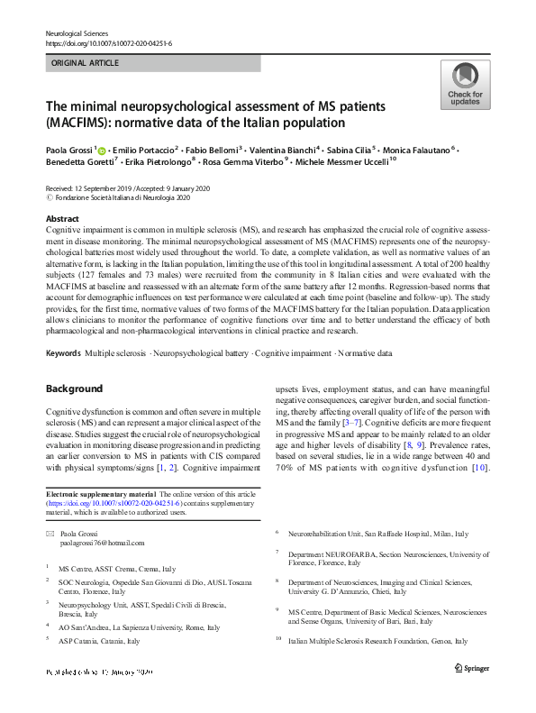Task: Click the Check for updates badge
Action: (464, 86)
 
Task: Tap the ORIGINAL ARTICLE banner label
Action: (85, 64)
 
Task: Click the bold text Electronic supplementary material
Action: (101, 495)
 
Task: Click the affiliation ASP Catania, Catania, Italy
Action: (99, 641)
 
